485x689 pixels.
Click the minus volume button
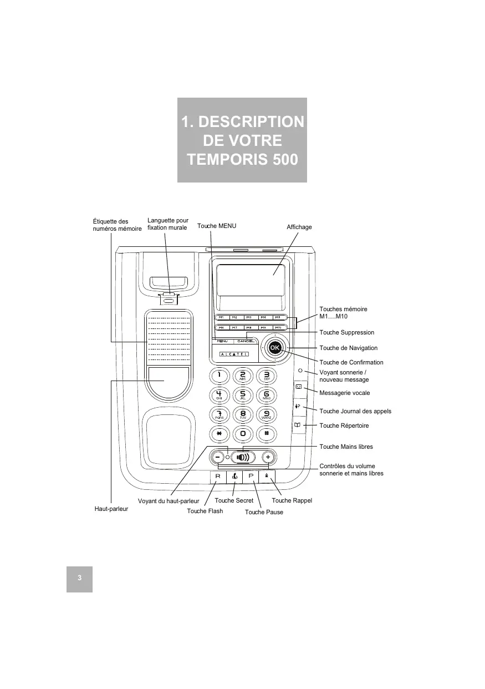pos(217,458)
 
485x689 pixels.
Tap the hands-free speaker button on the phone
pos(243,458)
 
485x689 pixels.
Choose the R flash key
pos(218,477)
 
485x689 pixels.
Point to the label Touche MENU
pos(217,226)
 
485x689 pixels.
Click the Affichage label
pos(299,227)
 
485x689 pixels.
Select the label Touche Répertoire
pos(344,425)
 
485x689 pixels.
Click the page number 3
pos(79,578)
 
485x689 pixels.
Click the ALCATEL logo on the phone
pos(234,354)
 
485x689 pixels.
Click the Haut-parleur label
pos(111,508)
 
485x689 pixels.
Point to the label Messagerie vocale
pos(345,393)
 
